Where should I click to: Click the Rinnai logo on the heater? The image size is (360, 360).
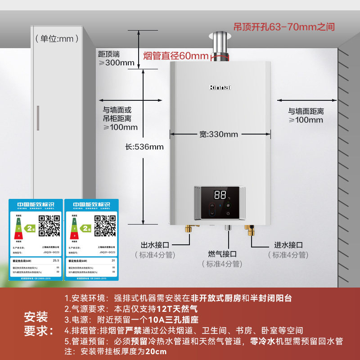220,87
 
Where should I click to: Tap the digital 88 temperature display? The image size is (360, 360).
220,195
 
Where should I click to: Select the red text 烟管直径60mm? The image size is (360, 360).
176,56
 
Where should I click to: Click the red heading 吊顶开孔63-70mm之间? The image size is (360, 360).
284,27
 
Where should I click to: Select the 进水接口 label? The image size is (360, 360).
288,245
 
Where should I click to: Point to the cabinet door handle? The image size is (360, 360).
38,118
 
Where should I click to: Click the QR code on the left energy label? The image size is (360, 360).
49,225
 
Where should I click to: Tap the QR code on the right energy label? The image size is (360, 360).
105,225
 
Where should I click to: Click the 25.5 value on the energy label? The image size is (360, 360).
56,260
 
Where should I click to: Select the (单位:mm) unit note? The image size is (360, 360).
54,39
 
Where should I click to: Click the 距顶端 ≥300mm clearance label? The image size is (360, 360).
116,58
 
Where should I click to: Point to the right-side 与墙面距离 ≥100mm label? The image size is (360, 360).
306,116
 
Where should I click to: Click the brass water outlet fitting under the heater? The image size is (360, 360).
189,230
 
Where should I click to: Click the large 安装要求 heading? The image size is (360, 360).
36,324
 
